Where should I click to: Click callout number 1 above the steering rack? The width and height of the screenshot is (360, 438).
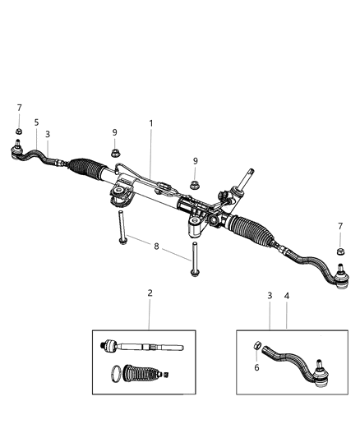point(150,124)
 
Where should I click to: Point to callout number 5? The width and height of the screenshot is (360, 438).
point(37,122)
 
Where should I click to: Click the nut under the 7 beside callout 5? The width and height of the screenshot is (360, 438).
point(17,131)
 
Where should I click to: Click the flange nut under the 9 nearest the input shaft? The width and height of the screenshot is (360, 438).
point(195,186)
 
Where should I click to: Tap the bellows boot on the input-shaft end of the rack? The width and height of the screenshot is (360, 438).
point(261,227)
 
